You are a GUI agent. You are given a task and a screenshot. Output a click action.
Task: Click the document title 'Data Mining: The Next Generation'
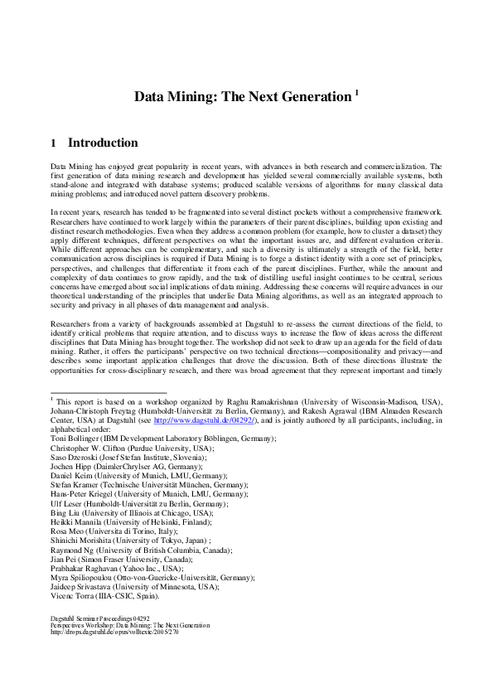point(243,97)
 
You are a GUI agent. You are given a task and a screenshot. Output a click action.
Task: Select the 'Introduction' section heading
point(103,143)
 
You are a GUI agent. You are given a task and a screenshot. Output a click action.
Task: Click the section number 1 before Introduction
point(54,143)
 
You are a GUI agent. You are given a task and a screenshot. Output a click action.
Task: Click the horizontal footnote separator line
point(109,392)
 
